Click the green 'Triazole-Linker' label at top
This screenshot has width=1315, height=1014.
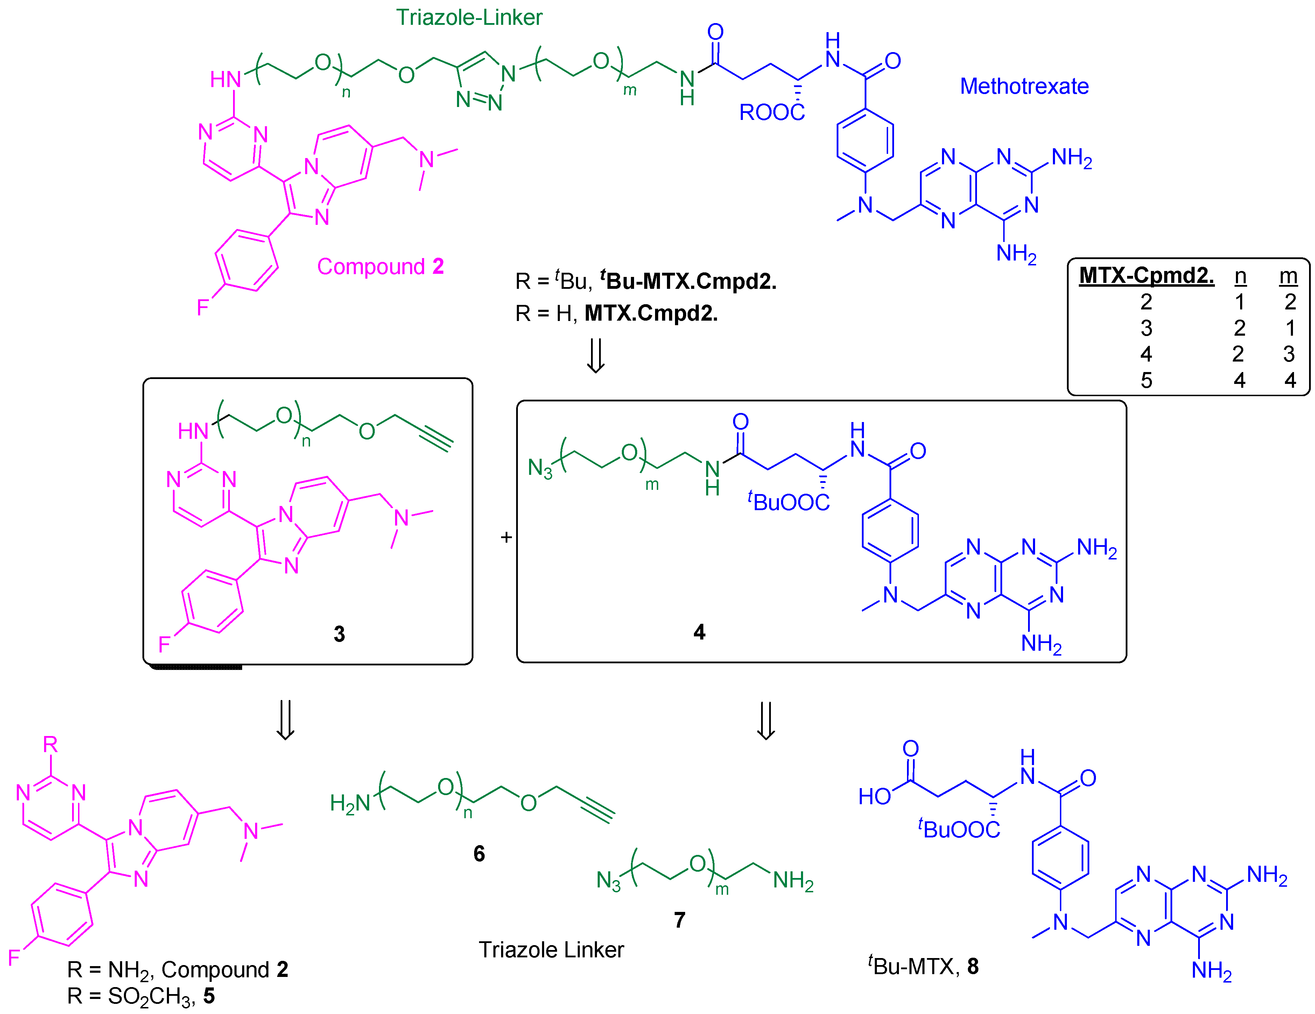coord(469,17)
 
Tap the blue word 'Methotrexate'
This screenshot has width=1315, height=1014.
coord(1024,86)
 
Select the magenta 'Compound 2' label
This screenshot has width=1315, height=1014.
coord(380,266)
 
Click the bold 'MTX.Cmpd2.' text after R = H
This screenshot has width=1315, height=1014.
coord(651,313)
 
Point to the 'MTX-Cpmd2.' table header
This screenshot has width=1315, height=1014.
coord(1146,275)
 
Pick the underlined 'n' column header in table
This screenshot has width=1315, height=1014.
coord(1240,276)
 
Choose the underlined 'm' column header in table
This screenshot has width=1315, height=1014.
coord(1288,276)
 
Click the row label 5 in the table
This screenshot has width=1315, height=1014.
coord(1146,380)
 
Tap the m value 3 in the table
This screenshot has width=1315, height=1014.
coord(1288,354)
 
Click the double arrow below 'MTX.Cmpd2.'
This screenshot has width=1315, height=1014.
coord(596,356)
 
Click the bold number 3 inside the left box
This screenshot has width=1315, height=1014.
coord(339,634)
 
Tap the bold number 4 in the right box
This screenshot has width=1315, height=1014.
coord(699,632)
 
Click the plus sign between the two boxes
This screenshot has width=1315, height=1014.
coord(506,537)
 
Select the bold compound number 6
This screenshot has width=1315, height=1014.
coord(479,853)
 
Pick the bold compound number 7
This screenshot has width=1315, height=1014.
coord(679,920)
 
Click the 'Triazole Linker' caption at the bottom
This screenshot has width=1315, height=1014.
coord(551,950)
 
